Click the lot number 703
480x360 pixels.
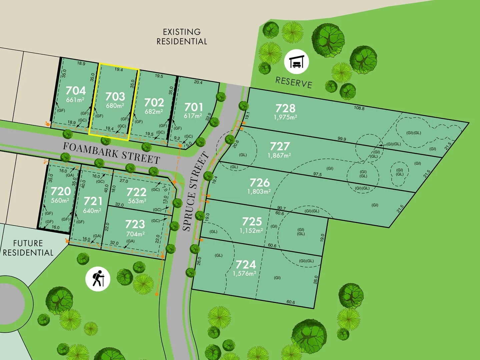[x=115, y=96]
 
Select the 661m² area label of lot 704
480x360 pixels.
[x=75, y=100]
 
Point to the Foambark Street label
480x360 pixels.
[x=112, y=153]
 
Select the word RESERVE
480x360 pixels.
[x=294, y=82]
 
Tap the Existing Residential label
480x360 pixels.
[x=182, y=37]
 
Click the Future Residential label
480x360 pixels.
[x=28, y=248]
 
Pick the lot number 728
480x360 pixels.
[x=285, y=108]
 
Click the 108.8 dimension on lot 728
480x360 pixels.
[x=359, y=108]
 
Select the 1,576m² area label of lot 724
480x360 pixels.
[x=244, y=274]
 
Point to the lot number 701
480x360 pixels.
[x=193, y=107]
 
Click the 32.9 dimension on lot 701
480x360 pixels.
[x=209, y=117]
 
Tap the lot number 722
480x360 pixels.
[x=136, y=192]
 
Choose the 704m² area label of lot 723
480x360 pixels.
[x=135, y=234]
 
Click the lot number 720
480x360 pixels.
[x=61, y=191]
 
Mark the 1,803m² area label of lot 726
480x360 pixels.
[x=259, y=192]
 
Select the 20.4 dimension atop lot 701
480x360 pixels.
[x=198, y=82]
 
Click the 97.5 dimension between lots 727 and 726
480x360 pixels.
[x=317, y=174]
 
